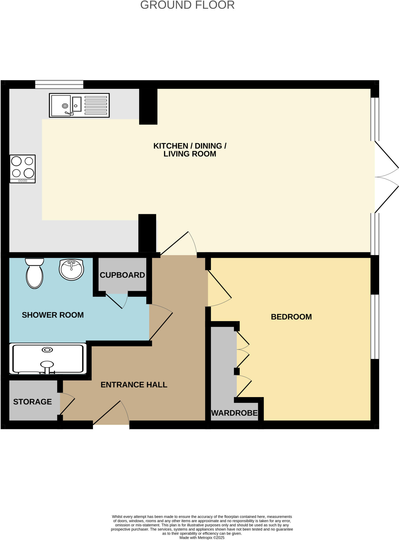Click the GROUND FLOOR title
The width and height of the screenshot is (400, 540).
pos(187,5)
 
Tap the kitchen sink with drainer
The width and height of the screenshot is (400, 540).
pos(79,105)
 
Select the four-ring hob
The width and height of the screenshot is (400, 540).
pos(23,169)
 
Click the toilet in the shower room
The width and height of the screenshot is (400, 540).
pos(35,273)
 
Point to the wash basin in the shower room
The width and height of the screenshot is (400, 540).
pos(71,269)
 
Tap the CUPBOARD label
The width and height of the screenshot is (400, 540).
pos(122,275)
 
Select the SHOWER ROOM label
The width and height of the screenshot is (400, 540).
pos(53,315)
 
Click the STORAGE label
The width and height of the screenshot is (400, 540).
pos(32,402)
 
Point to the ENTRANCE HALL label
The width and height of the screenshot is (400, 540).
pos(134,385)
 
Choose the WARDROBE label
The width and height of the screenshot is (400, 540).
pos(234,413)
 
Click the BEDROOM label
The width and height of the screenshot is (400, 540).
pos(291,317)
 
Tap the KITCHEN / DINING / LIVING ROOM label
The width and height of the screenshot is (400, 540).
pos(190,150)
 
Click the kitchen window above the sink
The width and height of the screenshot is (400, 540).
pos(59,84)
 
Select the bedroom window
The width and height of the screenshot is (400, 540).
pos(375,327)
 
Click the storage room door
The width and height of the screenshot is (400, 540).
pos(67,405)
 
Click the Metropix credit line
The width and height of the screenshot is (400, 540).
pos(202,538)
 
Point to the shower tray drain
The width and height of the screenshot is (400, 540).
pos(47,350)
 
